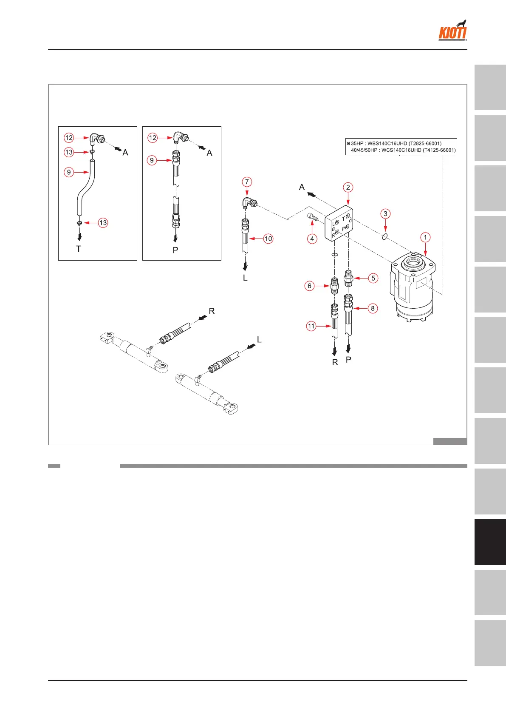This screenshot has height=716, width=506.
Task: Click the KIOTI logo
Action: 452,31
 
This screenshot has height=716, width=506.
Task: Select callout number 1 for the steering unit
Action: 425,237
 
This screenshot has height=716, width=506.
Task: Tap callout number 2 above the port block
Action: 348,187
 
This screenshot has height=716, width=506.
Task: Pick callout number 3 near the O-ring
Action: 385,213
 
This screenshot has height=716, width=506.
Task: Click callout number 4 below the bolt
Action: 312,239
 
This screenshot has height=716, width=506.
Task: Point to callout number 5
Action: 373,278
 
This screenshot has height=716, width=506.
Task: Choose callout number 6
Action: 309,286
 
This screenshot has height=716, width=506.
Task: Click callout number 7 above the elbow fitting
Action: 247,182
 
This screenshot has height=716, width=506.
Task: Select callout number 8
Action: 373,308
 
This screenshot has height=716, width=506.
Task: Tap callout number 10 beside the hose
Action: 268,239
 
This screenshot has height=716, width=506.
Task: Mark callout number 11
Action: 311,326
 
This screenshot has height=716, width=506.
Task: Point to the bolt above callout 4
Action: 312,218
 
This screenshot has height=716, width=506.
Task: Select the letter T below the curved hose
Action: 79,249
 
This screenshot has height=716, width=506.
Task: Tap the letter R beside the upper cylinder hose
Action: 212,311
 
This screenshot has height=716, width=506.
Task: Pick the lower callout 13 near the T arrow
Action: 103,223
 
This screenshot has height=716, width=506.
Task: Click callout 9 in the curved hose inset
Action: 69,172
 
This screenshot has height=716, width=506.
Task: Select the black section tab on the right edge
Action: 490,542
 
